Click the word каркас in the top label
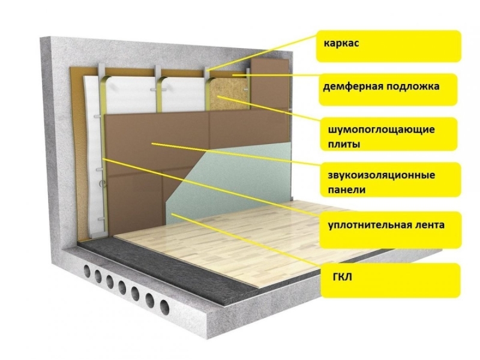point(341,43)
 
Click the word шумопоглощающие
point(381,130)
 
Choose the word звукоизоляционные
point(382,175)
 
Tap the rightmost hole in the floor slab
point(164,308)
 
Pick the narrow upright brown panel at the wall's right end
point(269,83)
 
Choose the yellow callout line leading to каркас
point(262,53)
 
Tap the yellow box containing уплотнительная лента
point(391,229)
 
